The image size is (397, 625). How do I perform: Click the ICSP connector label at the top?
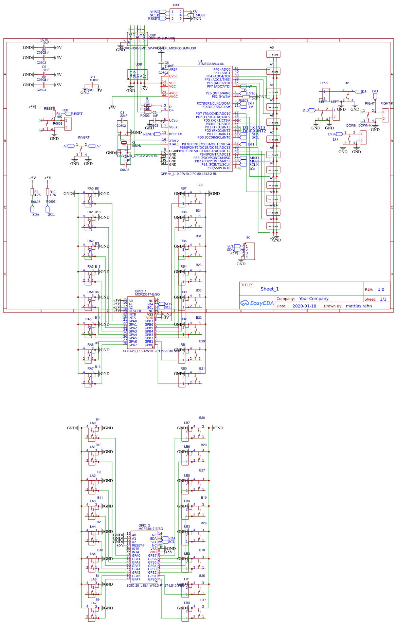coord(176,5)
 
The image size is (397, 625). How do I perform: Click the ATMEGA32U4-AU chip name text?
coord(211,64)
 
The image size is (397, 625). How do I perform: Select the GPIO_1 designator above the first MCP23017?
coord(141,291)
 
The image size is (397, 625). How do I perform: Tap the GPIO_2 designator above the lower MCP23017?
coord(144,525)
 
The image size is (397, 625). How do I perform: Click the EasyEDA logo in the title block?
coord(257,303)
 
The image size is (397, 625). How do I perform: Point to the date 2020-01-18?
coord(304,306)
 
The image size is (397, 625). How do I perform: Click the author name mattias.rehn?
coord(359,306)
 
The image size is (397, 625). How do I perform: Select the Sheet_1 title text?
coord(269,289)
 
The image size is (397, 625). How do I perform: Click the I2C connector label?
coord(248,238)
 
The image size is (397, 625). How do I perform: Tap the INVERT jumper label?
coord(84,138)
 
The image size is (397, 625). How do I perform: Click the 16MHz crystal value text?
coord(136,146)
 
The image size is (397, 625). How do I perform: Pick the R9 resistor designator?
coord(36,192)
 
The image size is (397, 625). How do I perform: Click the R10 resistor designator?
coord(52,192)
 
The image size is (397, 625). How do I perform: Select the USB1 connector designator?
coord(152,35)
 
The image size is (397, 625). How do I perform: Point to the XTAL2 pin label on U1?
coord(174,141)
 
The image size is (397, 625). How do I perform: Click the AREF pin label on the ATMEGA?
coord(173,69)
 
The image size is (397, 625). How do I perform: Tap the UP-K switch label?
coord(324,83)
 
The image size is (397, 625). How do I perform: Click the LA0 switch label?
coord(93,423)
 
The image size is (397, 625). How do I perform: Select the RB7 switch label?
coord(183,189)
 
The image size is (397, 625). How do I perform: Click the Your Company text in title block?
coord(314,299)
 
